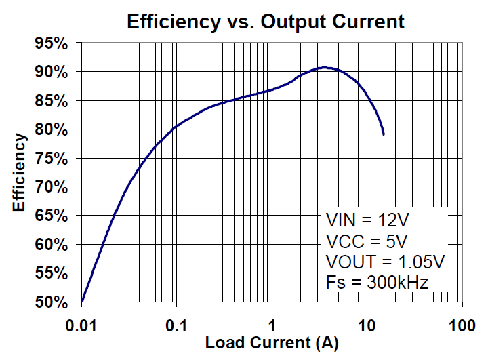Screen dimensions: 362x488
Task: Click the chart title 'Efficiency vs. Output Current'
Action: (x=265, y=21)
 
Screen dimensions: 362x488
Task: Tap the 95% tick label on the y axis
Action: (x=52, y=43)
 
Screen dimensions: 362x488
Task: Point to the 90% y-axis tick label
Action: (x=52, y=72)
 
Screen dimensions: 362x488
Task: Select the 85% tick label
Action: (x=52, y=101)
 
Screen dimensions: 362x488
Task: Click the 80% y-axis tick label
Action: (x=52, y=129)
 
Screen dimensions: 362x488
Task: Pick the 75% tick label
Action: (x=52, y=159)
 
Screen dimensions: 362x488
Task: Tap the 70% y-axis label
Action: (x=52, y=187)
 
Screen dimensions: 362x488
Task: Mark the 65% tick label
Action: (x=52, y=216)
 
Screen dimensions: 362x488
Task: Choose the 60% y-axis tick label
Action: (x=52, y=245)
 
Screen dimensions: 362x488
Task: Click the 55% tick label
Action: (x=52, y=274)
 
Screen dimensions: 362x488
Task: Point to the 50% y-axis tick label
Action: (x=52, y=302)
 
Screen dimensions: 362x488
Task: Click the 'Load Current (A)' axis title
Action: (x=272, y=343)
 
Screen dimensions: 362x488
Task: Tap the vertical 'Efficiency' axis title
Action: (x=20, y=172)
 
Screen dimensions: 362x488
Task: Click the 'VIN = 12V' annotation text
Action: (x=367, y=220)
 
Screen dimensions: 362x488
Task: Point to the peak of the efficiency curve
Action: (x=325, y=68)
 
